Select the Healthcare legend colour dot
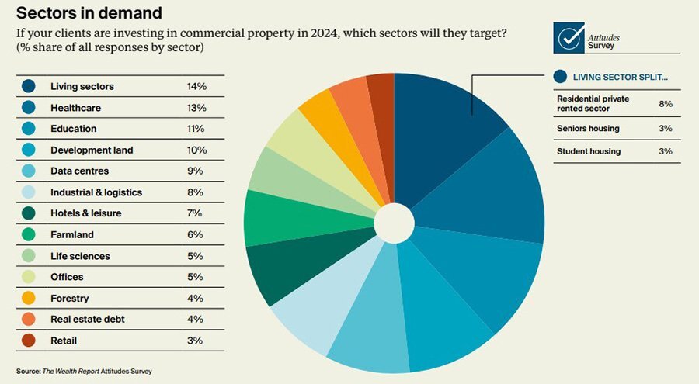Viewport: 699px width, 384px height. pos(29,108)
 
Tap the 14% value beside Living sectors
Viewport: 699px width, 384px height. pos(195,86)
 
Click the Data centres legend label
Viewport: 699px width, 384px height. pos(79,171)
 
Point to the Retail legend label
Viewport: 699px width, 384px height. pos(64,340)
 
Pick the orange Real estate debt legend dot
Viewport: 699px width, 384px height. pos(29,319)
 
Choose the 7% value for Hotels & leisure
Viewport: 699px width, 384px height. pos(195,213)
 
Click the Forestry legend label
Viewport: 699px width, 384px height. pos(70,298)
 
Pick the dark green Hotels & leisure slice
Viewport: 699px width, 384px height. pos(280,272)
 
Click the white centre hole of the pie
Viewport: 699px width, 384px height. pos(394,223)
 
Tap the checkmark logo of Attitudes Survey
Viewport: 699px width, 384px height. pos(572,37)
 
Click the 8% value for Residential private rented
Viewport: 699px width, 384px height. pos(665,104)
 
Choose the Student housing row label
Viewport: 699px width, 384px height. pos(589,151)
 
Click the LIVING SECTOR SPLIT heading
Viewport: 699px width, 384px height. pos(620,77)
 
